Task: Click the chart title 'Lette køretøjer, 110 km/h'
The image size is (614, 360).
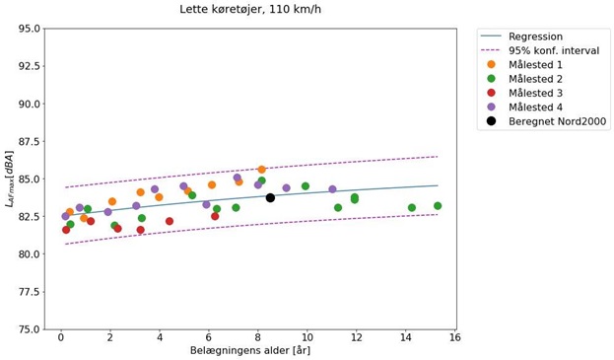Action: click(x=249, y=9)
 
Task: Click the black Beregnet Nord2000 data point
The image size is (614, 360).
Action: click(x=270, y=198)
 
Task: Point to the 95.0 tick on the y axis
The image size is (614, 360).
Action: click(x=24, y=29)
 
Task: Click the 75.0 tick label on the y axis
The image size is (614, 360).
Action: click(x=24, y=329)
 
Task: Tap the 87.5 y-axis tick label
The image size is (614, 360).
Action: click(x=24, y=141)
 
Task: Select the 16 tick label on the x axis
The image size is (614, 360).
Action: click(x=455, y=338)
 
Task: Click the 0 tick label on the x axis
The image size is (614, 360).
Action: click(x=61, y=338)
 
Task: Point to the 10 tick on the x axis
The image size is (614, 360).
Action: click(x=307, y=338)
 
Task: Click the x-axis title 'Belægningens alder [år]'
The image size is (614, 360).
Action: click(x=250, y=351)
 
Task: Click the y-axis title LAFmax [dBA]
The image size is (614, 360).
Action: click(x=9, y=179)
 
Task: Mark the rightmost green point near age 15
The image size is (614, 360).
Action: click(x=438, y=206)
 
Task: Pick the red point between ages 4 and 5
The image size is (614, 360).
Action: click(x=170, y=221)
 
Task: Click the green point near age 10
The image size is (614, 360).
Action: click(x=306, y=186)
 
